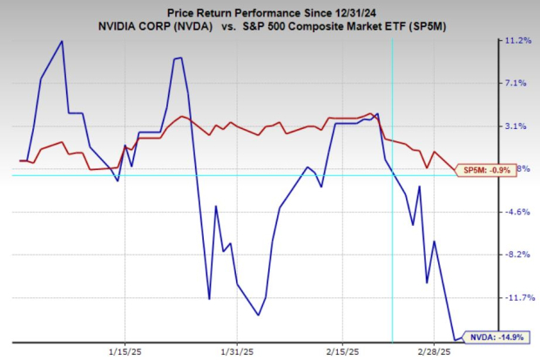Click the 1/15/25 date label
pos(124,352)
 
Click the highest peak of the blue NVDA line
pos(62,41)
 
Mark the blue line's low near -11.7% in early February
pos(259,315)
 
